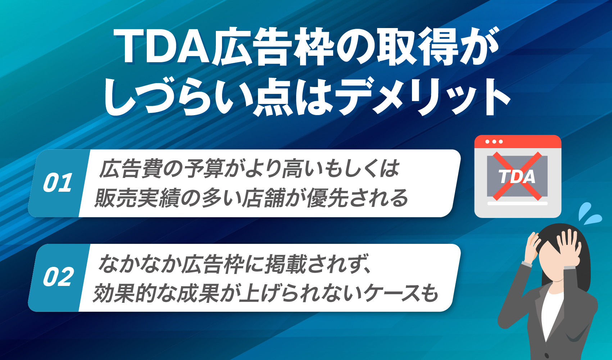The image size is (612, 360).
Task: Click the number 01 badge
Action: coord(58,183)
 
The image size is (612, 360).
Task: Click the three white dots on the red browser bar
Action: coord(494,142)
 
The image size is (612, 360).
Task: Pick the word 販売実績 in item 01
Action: coord(137,198)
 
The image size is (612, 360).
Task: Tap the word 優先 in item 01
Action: coord(327,198)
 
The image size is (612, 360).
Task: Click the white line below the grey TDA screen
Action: coord(517,204)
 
